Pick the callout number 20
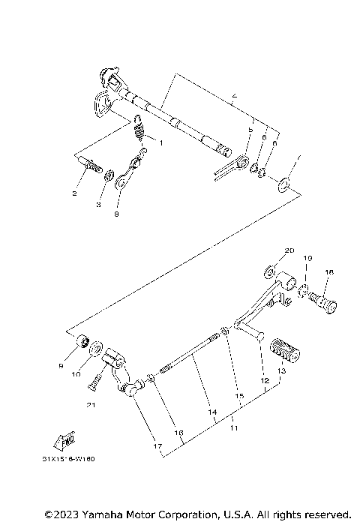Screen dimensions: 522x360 click(289, 250)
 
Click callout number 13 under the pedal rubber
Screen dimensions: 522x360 click(281, 370)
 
